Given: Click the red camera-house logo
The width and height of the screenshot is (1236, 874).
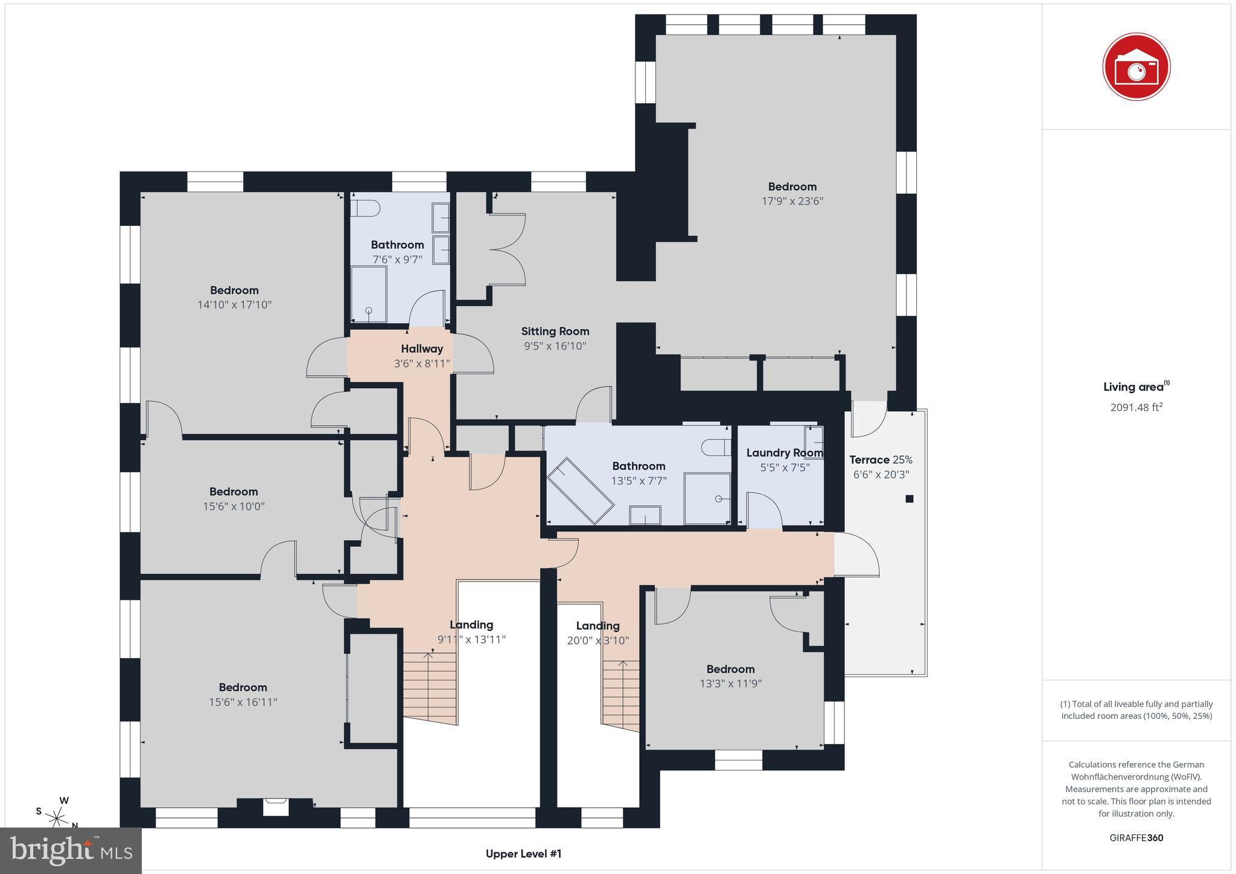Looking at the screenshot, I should pyautogui.click(x=1136, y=66).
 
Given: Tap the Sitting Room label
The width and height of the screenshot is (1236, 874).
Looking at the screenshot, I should pyautogui.click(x=555, y=331).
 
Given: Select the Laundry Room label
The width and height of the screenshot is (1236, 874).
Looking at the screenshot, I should pyautogui.click(x=784, y=453).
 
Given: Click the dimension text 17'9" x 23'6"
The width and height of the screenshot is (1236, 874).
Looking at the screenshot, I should pyautogui.click(x=792, y=201).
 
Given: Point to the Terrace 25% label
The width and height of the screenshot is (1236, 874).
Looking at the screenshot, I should pyautogui.click(x=881, y=460).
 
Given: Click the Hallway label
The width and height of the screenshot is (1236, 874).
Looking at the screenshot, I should pyautogui.click(x=422, y=349).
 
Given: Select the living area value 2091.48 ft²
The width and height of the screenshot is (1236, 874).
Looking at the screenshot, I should pyautogui.click(x=1136, y=407).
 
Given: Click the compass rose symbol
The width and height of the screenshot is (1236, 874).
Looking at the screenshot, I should pyautogui.click(x=57, y=818).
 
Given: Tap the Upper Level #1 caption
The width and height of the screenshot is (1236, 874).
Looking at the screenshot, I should pyautogui.click(x=523, y=853).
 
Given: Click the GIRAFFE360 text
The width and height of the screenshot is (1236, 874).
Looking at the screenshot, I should pyautogui.click(x=1136, y=838).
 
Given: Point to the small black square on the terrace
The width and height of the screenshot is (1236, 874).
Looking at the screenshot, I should pyautogui.click(x=909, y=499).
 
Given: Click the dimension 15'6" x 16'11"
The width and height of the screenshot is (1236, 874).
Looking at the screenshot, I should pyautogui.click(x=243, y=702).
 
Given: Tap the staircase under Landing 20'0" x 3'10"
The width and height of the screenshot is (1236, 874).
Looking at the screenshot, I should pyautogui.click(x=620, y=694).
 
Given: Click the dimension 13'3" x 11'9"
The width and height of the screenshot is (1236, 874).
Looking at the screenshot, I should pyautogui.click(x=730, y=684).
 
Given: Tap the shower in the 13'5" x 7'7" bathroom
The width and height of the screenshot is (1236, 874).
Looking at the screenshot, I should pyautogui.click(x=707, y=498).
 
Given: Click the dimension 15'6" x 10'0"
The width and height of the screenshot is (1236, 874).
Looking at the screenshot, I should pyautogui.click(x=234, y=506).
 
